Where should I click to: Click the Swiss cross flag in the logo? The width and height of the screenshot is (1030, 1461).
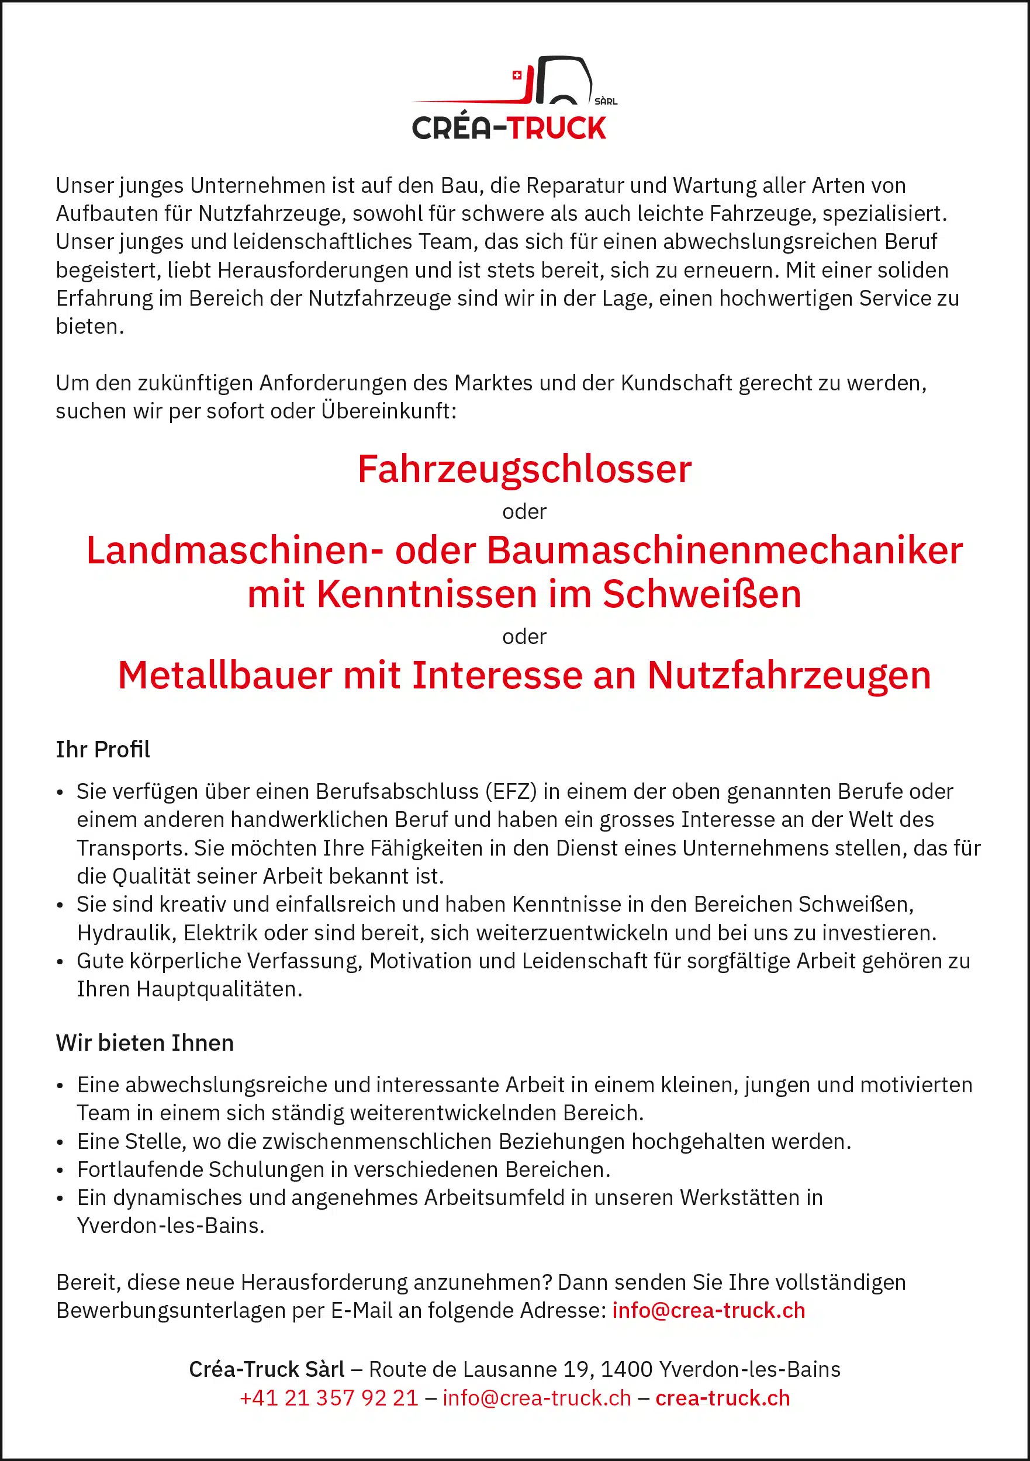point(517,75)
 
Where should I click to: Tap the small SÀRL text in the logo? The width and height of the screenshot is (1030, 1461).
point(606,101)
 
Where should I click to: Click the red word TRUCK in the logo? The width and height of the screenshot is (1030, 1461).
point(558,129)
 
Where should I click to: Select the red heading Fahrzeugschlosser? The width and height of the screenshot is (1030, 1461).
point(524,470)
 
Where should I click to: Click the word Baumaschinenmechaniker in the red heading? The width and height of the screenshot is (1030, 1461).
point(725,551)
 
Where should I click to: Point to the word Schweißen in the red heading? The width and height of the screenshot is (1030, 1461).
point(701,594)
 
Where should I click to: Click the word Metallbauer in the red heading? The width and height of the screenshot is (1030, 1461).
point(224,675)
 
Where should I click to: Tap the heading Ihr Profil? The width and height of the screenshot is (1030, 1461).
point(102,750)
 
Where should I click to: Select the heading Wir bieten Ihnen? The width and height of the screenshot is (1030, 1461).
point(144,1043)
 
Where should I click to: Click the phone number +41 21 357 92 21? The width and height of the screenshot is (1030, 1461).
point(329,1398)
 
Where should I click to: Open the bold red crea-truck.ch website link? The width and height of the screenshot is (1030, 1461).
point(723,1398)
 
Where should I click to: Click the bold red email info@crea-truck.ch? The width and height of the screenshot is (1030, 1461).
point(708,1310)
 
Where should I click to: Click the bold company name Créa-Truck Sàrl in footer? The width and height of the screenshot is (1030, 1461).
point(266,1369)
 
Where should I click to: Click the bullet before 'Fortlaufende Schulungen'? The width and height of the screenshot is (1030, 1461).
point(60,1171)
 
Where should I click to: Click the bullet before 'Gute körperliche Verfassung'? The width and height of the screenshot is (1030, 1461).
point(60,962)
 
